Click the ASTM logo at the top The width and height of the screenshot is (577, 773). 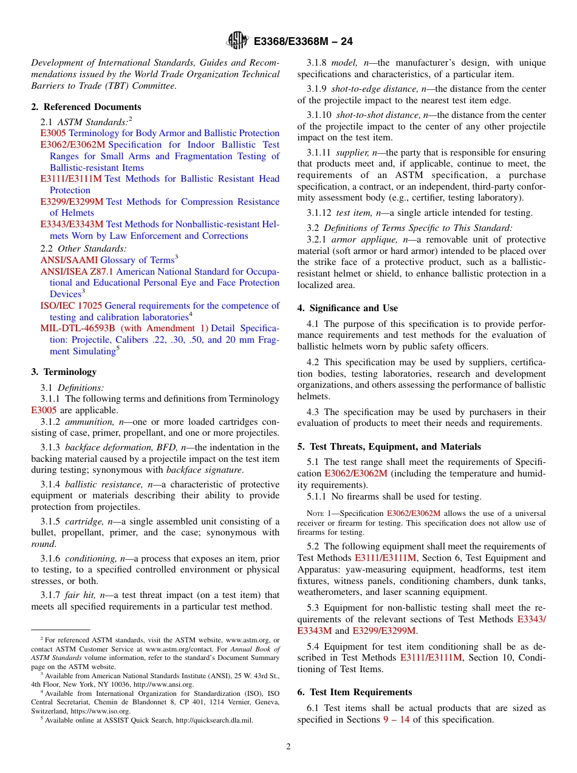[x=237, y=41]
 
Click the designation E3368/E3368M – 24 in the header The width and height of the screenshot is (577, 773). [x=303, y=41]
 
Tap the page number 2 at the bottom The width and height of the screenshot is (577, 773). [x=288, y=747]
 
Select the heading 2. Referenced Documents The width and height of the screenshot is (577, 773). [x=86, y=107]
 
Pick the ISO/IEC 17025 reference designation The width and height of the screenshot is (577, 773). [x=71, y=306]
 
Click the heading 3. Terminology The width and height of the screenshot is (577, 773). [x=64, y=372]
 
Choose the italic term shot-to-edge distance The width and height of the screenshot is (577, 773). [x=369, y=89]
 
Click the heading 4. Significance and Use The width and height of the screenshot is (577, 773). [x=347, y=308]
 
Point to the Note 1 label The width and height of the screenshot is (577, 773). [x=318, y=514]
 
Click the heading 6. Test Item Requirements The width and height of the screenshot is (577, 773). [x=355, y=692]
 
